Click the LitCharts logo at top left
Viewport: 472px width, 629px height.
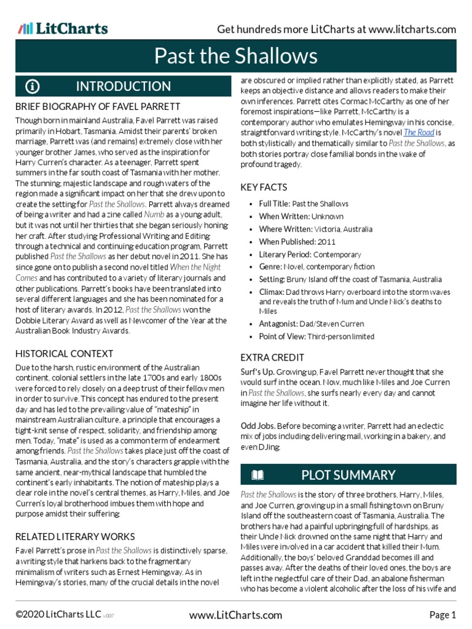[63, 28]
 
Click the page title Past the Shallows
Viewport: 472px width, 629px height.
[236, 57]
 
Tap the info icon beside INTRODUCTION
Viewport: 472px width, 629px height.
[33, 86]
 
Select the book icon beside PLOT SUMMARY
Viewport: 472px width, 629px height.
[258, 475]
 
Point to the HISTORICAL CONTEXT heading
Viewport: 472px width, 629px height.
[64, 353]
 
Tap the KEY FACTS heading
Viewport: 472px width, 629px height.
[264, 187]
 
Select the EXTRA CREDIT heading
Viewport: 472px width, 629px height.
[272, 357]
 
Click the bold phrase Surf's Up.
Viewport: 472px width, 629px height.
[256, 372]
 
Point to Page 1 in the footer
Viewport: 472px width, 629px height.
[442, 615]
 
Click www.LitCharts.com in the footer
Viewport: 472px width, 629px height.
[236, 615]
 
